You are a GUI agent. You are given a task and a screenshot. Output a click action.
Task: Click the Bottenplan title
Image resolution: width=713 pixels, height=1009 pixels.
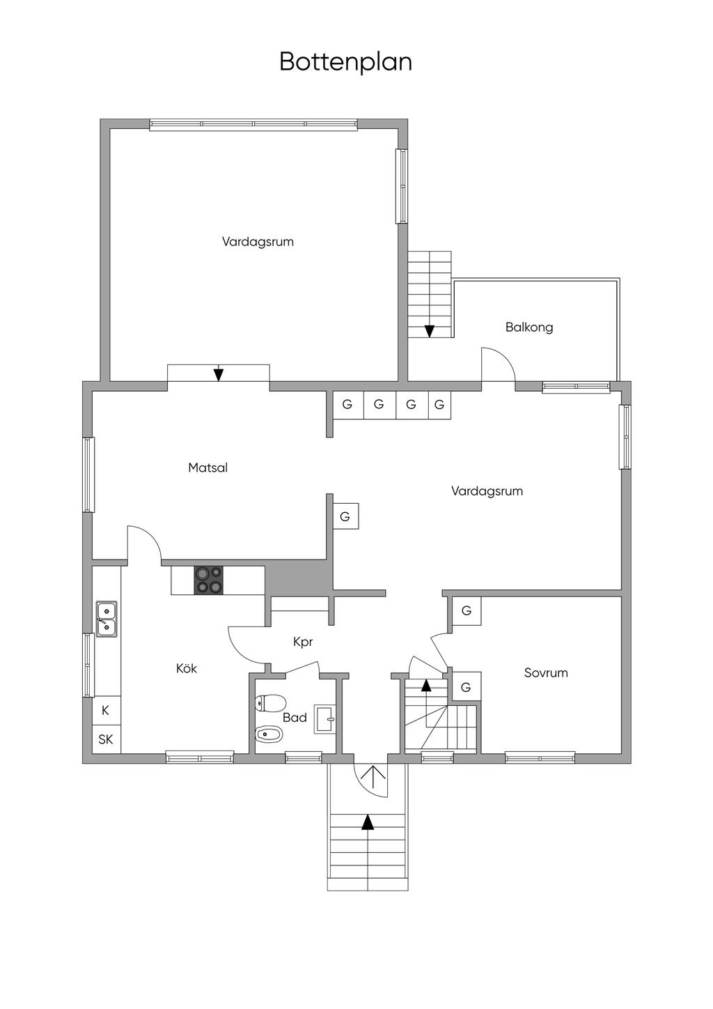345,62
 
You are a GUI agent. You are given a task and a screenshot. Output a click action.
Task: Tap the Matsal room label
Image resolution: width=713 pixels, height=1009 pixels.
207,468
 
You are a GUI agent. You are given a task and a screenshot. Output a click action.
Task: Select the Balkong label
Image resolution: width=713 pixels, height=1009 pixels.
529,327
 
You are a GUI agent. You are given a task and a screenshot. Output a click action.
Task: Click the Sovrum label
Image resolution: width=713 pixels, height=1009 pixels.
546,673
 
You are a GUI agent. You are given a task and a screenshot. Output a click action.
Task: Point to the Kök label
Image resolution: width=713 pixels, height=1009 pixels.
187,668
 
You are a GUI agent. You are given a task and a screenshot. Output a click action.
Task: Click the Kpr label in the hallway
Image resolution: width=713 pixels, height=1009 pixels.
302,642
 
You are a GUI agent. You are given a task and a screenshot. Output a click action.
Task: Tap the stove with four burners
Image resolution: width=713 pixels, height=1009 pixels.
209,579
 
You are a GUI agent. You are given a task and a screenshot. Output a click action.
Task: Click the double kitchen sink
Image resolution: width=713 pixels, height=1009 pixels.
107,619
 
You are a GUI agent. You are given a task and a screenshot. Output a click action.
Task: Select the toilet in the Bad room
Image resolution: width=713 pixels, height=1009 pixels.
271,703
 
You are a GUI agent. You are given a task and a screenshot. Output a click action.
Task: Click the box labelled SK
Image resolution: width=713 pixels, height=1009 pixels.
107,739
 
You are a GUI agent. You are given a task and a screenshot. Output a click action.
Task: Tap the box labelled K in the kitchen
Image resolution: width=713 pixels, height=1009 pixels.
107,710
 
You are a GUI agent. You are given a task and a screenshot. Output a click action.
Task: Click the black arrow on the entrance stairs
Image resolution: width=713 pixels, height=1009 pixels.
368,822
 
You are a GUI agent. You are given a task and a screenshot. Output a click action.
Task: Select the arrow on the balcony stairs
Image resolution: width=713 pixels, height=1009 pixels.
430,331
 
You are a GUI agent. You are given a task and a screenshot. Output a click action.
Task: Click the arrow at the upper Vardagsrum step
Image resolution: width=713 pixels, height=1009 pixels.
219,374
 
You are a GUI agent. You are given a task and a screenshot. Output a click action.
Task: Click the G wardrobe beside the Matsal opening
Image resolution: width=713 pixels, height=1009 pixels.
345,516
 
